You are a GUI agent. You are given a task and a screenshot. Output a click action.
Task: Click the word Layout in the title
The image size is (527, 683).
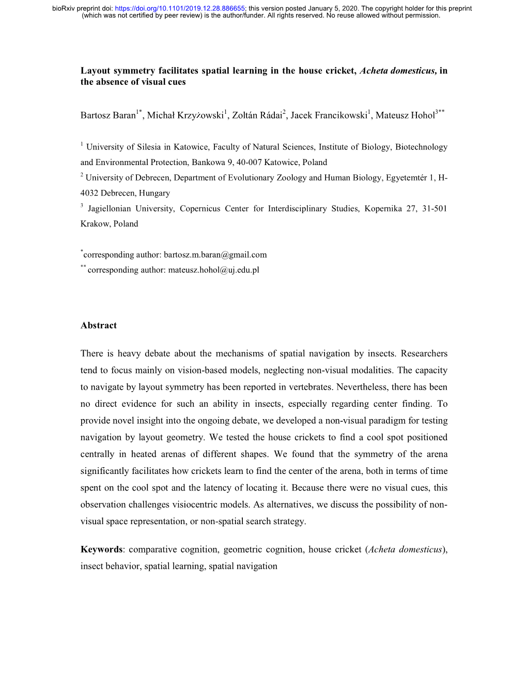coord(96,71)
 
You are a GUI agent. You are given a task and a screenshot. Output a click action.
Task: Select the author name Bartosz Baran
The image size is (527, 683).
coord(107,115)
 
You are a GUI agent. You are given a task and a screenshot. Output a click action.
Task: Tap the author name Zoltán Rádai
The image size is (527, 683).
coord(257,115)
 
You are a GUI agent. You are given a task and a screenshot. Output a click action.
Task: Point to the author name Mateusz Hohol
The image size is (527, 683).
coord(405,115)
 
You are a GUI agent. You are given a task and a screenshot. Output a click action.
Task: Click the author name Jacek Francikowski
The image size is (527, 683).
coord(329,115)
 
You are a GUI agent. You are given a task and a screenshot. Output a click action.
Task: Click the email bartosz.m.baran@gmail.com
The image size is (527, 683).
coord(215,255)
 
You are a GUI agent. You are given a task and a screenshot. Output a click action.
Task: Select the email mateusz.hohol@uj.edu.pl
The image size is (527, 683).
coord(213,270)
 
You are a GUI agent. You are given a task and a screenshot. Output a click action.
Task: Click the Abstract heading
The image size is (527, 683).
coord(99,325)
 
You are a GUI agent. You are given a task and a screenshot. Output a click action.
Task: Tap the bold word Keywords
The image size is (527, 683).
coord(102,550)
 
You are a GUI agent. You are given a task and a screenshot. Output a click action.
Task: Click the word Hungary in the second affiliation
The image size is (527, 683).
coord(154,193)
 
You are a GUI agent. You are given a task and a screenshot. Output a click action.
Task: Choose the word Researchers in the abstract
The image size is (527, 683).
coord(424,354)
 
